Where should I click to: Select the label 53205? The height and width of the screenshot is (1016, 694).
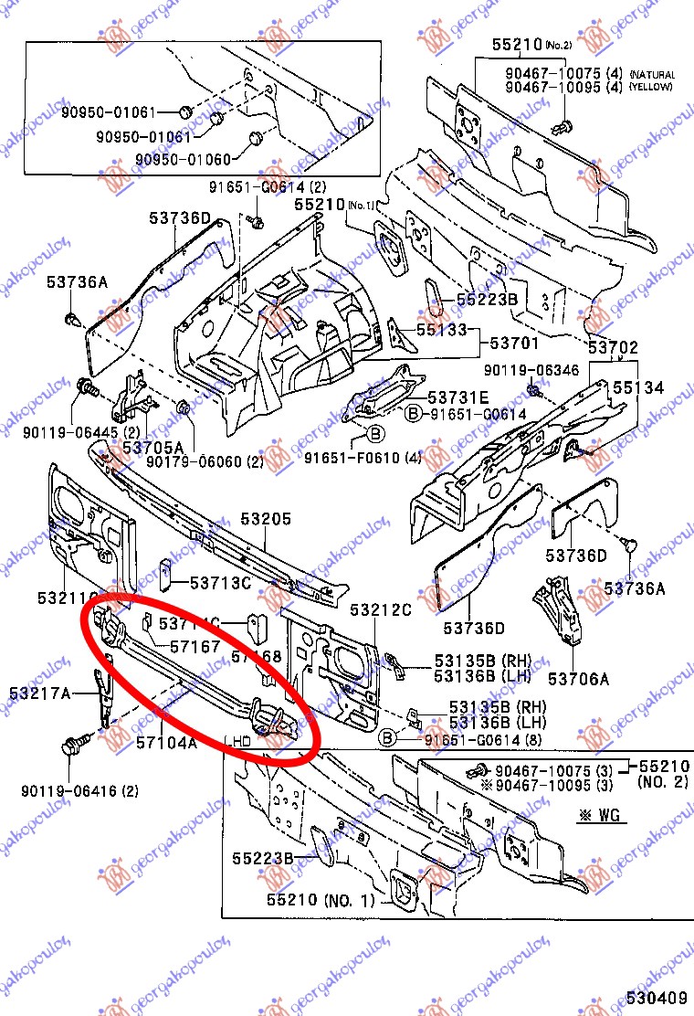pos(266,520)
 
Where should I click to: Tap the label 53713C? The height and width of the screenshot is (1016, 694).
pos(220,582)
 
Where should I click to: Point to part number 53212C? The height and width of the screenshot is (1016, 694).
pos(381,610)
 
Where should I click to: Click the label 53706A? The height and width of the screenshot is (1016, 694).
pos(578,679)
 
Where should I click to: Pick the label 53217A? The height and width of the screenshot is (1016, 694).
pos(40,693)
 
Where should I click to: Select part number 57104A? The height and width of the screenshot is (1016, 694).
pos(167,743)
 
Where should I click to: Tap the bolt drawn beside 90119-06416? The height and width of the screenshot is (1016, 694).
pos(73,745)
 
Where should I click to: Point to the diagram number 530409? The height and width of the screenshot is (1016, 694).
pos(657,999)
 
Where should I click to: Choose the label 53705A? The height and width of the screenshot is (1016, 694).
pos(153,448)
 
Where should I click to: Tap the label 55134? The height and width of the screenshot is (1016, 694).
pos(638,388)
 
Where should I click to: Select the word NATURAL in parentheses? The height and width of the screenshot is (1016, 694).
pos(651,75)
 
